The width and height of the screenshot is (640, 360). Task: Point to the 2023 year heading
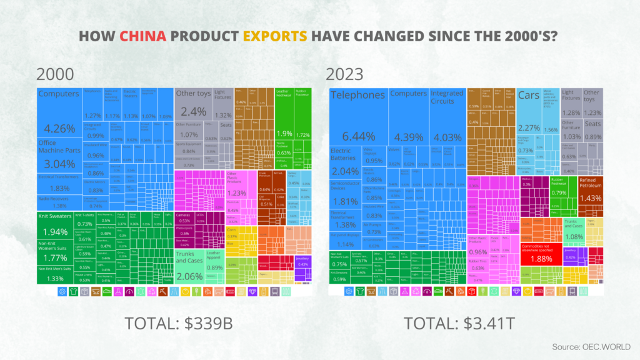pyautogui.click(x=345, y=74)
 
